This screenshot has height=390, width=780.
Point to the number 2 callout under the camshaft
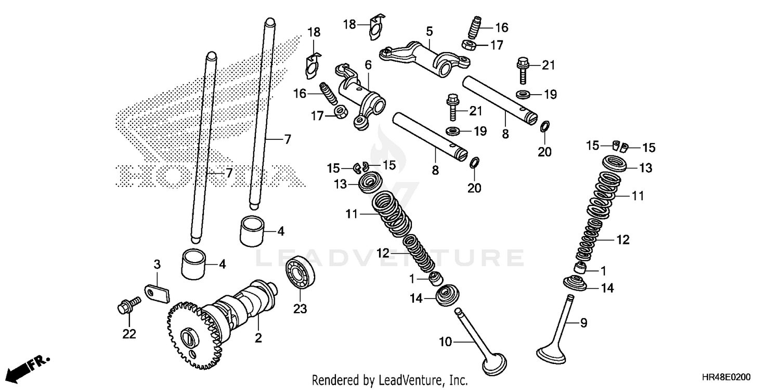pos(258,339)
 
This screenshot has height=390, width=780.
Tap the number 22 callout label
pos(129,334)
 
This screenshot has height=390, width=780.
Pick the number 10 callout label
pos(446,342)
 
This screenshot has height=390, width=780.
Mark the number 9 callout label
pos(583,323)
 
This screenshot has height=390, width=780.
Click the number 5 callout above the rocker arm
pos(429,31)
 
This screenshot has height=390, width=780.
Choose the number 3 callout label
pos(157,264)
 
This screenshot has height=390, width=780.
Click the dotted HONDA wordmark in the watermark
pos(208,177)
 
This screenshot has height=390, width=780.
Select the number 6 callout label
pos(368,65)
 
